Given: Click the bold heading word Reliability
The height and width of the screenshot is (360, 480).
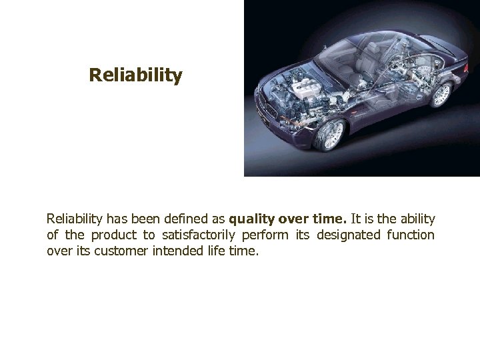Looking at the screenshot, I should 135,76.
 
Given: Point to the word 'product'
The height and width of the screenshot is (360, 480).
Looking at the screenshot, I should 113,236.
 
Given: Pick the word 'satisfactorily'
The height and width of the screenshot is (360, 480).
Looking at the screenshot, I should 205,236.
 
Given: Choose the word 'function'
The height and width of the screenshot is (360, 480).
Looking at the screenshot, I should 409,236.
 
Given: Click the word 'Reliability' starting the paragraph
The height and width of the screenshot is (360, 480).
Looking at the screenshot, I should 75,219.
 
